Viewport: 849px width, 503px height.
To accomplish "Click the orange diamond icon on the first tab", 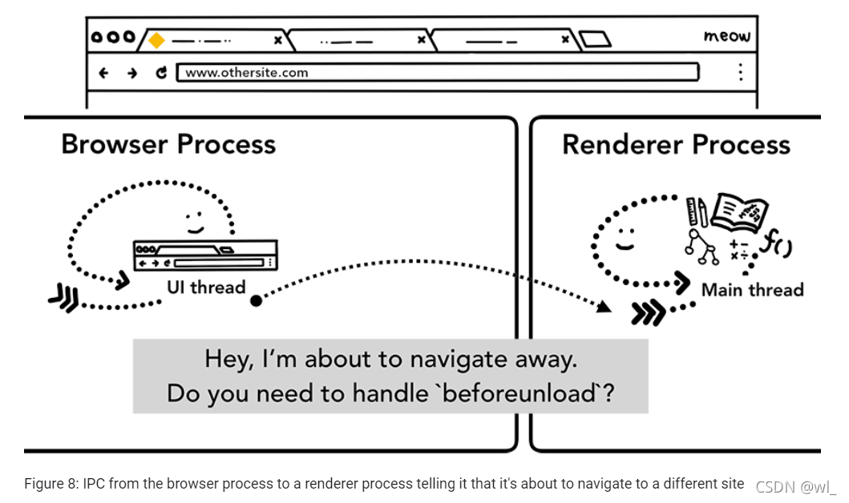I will tap(157, 39).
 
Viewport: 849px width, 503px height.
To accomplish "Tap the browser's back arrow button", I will tap(103, 73).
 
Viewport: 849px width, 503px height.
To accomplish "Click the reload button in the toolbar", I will tap(161, 73).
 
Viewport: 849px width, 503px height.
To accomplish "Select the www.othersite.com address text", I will tap(247, 73).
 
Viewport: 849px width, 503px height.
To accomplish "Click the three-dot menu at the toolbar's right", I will tap(739, 72).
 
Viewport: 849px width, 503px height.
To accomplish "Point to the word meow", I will tap(726, 36).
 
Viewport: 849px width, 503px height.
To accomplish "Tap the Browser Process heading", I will tap(168, 144).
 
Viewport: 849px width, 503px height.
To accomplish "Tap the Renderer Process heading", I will tap(676, 144).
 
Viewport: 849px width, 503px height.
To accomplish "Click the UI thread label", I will tap(205, 287).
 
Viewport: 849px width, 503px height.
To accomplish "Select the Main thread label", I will tap(752, 289).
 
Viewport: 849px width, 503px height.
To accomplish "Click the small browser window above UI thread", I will tap(205, 255).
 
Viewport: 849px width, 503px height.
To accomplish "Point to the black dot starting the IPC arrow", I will tap(256, 300).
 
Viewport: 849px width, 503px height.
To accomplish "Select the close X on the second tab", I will tap(422, 39).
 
